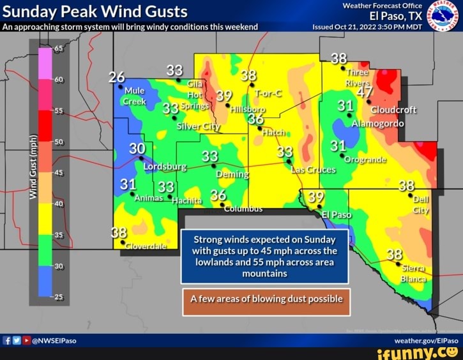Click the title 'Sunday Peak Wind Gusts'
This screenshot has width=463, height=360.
[x=94, y=11]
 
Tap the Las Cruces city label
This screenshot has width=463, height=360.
[x=313, y=170]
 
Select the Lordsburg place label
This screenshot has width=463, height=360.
[x=165, y=167]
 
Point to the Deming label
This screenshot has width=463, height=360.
[x=232, y=174]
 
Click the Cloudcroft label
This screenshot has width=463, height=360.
[x=393, y=109]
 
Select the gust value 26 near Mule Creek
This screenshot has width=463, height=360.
[x=117, y=77]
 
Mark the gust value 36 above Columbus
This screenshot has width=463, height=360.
[x=218, y=195]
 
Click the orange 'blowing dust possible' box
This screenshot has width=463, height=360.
[x=266, y=299]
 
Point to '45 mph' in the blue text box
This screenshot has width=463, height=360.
[x=286, y=250]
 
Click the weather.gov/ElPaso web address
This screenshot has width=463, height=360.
[x=430, y=341]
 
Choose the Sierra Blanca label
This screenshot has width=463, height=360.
[x=413, y=274]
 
